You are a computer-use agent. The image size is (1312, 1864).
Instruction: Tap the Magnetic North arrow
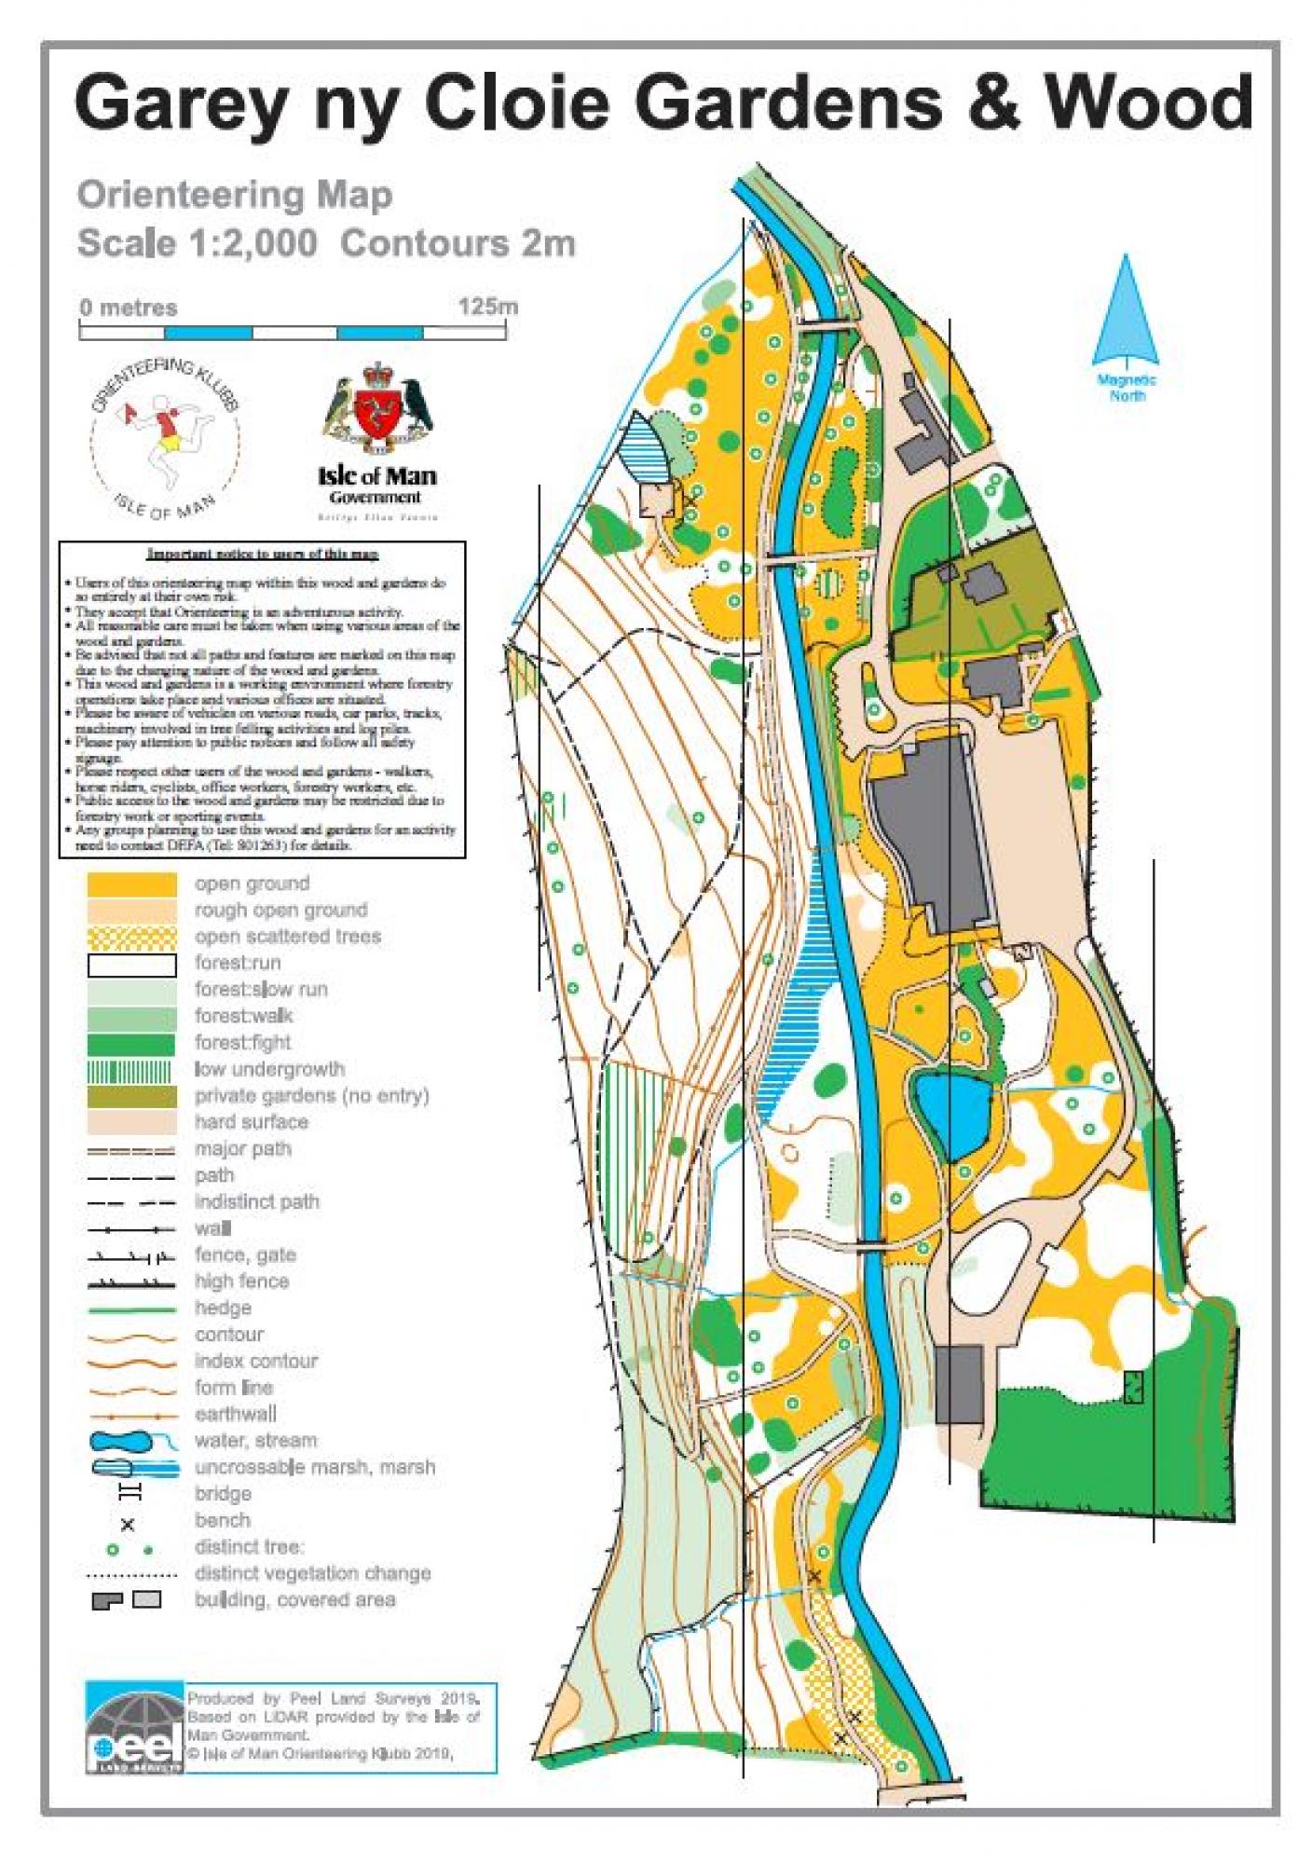click(x=1126, y=312)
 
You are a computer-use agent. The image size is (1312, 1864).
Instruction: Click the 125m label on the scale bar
click(x=487, y=307)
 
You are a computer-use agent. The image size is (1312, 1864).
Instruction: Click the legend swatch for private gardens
click(x=131, y=1095)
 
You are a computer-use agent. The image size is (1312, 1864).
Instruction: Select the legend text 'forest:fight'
click(x=242, y=1042)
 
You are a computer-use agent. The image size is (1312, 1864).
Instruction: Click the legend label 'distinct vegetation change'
click(x=312, y=1573)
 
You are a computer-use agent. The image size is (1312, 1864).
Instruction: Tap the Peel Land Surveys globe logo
click(x=134, y=1729)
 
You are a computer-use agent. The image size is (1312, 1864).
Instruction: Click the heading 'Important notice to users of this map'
click(x=262, y=554)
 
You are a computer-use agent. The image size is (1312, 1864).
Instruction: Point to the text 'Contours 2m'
click(x=458, y=243)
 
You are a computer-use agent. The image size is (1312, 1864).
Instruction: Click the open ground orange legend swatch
click(x=131, y=884)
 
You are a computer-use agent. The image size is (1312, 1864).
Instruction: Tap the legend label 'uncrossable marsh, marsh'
click(x=314, y=1467)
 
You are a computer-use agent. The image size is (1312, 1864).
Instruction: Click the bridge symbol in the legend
click(x=130, y=1493)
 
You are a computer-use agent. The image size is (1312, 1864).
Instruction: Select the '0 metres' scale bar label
click(x=128, y=308)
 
